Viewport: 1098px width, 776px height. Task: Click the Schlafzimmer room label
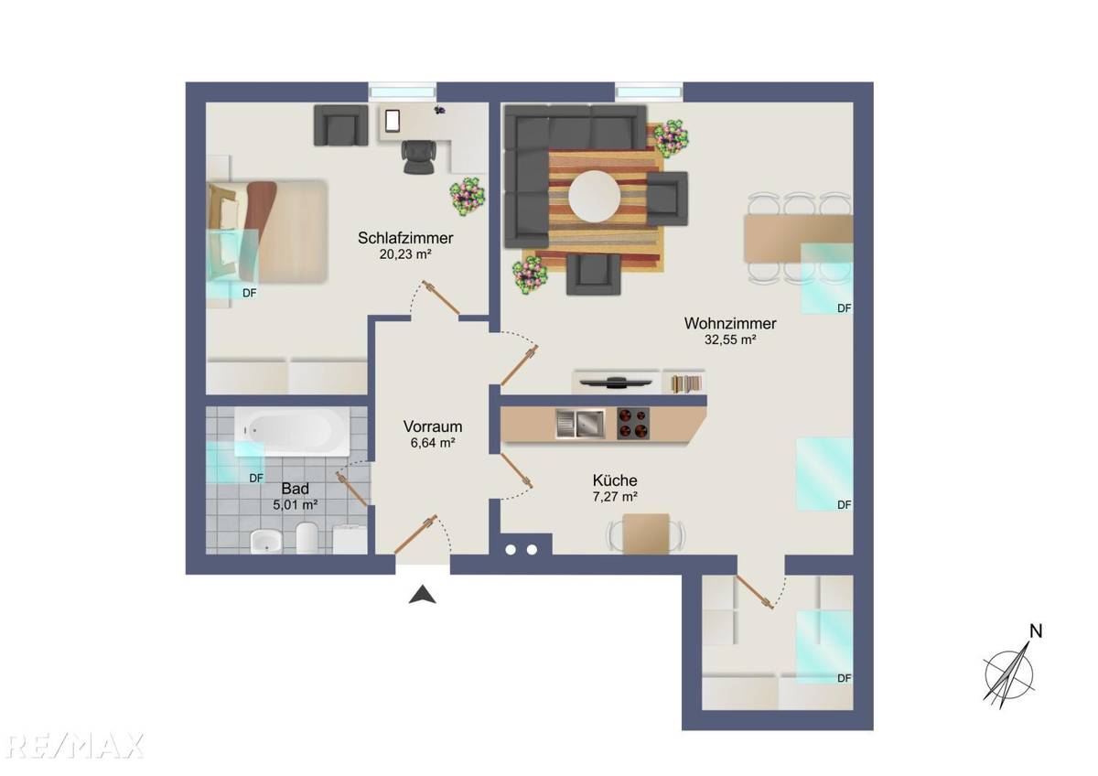(405, 238)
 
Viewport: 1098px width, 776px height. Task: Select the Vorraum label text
(433, 426)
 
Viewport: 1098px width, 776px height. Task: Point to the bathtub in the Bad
(292, 431)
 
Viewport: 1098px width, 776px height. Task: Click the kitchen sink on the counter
(579, 422)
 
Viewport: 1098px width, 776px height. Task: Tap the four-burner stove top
(633, 422)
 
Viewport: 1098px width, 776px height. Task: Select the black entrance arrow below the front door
(422, 596)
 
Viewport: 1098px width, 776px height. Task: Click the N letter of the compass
(1036, 630)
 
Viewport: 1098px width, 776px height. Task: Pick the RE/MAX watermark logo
(71, 745)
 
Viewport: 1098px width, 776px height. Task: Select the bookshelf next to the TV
(684, 383)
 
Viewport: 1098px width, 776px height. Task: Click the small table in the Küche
(646, 533)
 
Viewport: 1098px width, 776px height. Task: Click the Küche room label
(615, 480)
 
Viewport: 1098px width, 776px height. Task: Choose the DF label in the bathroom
(256, 477)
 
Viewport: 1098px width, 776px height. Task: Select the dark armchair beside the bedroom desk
(338, 124)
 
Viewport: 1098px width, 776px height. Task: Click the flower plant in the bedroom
(468, 196)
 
